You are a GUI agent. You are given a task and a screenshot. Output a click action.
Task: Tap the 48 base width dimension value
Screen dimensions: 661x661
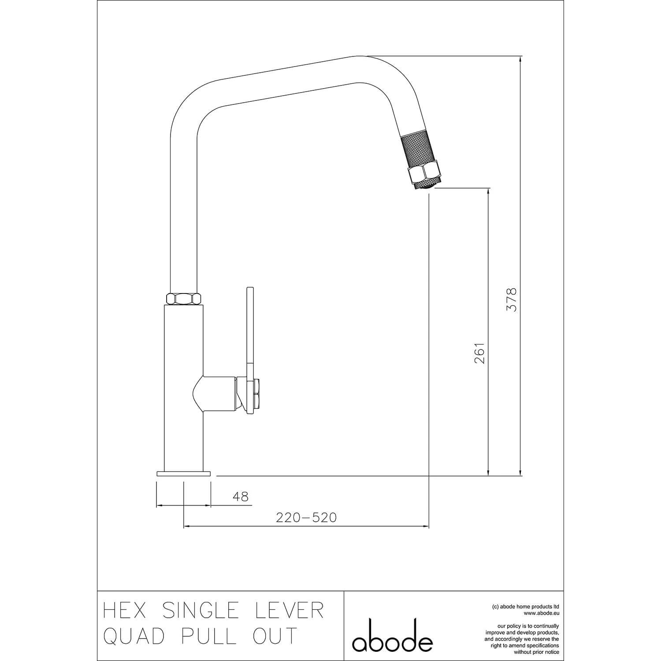[241, 497]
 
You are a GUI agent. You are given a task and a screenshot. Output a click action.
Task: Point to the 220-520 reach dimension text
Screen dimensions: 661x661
[306, 517]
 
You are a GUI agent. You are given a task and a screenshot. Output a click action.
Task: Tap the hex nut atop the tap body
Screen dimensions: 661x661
[184, 298]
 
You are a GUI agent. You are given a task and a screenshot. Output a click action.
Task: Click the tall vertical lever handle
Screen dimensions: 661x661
[250, 330]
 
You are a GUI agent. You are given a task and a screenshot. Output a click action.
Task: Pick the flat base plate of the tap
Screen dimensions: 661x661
[183, 474]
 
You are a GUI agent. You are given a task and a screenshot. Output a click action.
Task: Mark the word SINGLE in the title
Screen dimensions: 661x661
[201, 610]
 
